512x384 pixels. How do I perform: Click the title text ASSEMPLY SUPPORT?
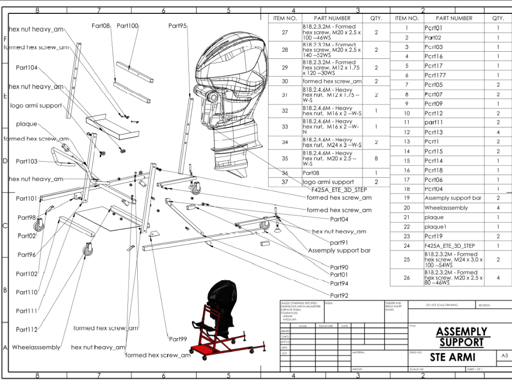(461, 336)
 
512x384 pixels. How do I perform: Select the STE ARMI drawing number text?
(453, 357)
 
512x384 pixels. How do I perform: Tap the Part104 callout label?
(27, 68)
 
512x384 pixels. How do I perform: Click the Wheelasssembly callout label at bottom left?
(36, 347)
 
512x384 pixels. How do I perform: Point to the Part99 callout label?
(178, 339)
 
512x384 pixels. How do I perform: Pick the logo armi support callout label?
(36, 105)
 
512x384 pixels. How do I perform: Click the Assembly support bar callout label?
(339, 250)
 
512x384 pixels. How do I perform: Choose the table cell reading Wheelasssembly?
(446, 208)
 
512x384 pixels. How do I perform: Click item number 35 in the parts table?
(285, 159)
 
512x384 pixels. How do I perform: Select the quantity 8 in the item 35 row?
(376, 159)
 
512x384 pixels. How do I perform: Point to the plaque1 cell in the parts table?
(436, 227)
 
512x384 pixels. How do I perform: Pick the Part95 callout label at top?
(177, 26)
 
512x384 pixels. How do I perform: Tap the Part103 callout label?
(27, 161)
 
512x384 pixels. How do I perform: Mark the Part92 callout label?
(339, 295)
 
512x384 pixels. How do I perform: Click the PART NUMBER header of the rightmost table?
(454, 18)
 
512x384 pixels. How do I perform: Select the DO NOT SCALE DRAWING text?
(442, 305)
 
